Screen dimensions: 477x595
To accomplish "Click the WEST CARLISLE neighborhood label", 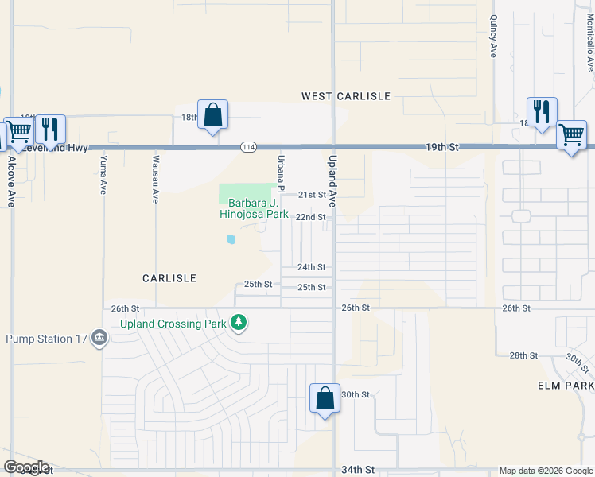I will pos(346,96).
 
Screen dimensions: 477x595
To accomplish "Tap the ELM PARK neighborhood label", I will pos(565,385).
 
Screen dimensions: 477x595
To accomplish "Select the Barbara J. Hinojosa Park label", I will pos(254,208).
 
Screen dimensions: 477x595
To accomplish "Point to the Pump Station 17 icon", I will pos(99,339).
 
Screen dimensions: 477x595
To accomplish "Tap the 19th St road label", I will pos(442,147).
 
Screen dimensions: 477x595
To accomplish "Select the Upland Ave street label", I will pos(332,182).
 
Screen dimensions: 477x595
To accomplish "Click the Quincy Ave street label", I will pos(493,37).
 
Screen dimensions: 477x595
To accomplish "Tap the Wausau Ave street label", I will pos(156,178).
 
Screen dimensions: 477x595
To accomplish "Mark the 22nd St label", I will pos(310,216).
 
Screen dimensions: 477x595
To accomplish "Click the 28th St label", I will pos(523,355).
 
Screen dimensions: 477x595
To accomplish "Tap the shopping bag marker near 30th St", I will pos(325,398).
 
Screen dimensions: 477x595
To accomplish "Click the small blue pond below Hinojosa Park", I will pos(231,238).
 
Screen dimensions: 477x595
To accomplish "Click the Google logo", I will pos(26,467).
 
